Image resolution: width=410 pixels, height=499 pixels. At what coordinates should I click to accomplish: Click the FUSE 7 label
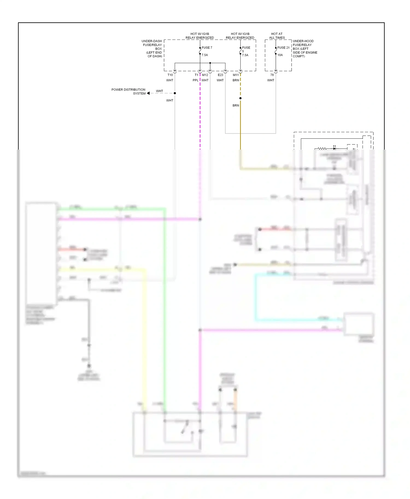207,47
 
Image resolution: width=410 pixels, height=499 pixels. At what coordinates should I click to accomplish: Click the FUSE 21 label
283,47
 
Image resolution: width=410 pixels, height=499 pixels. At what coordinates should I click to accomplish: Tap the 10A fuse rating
280,55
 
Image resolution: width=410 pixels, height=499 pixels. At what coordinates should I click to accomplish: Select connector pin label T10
170,75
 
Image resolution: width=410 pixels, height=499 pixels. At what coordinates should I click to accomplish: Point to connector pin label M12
205,75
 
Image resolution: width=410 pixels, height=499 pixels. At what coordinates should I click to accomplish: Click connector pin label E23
220,75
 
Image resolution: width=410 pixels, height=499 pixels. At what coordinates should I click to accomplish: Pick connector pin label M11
236,75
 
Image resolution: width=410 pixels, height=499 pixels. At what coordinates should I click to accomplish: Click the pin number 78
272,75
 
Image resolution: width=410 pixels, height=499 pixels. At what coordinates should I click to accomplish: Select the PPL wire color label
195,80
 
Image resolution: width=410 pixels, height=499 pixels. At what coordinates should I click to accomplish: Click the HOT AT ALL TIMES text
277,36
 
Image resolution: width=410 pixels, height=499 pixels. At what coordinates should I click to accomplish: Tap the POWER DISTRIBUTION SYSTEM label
128,91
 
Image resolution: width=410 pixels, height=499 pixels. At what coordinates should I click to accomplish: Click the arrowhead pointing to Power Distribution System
148,93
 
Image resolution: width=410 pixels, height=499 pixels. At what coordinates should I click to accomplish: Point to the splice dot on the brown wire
240,98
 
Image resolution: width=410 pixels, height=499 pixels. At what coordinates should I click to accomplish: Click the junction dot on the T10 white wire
175,93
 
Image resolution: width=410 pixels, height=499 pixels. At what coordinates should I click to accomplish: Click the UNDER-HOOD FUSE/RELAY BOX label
304,49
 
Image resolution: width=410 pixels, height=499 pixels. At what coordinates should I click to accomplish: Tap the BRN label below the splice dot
236,105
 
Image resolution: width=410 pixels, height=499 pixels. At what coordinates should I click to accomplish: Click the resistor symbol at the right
322,148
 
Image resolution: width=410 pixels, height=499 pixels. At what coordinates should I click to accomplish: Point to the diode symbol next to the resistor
334,148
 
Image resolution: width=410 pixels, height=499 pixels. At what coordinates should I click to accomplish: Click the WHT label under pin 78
271,80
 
